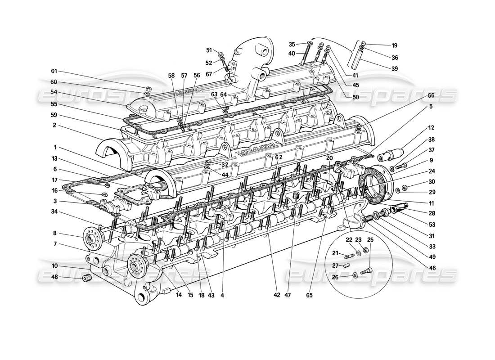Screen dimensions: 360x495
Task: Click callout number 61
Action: (x=54, y=71)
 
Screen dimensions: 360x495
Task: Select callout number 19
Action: (x=394, y=45)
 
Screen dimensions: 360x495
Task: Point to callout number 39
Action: (x=394, y=68)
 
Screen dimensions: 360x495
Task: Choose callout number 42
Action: (x=276, y=295)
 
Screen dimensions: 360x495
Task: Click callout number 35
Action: (x=292, y=44)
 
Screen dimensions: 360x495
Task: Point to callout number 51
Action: (x=209, y=50)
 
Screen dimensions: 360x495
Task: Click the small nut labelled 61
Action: (x=148, y=88)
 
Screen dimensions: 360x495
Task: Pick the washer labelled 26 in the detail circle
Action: (x=355, y=274)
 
